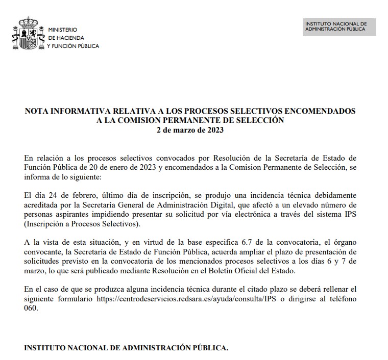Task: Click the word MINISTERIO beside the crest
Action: (62, 30)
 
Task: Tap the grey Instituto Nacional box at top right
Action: (338, 27)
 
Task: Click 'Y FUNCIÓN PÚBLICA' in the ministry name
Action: (73, 46)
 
